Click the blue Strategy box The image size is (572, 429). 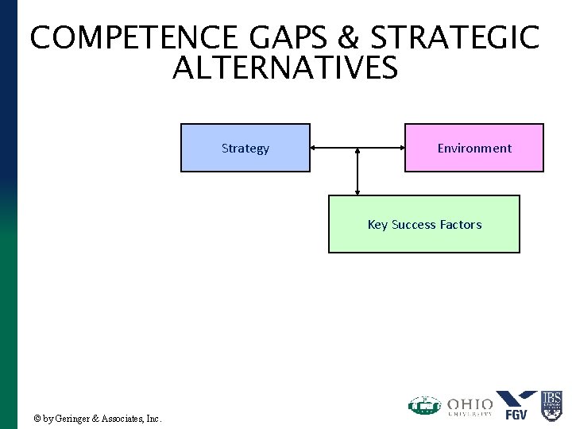click(x=245, y=148)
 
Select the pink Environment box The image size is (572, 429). click(x=474, y=148)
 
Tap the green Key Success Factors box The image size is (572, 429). click(x=424, y=225)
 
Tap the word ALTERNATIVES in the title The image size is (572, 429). click(x=284, y=69)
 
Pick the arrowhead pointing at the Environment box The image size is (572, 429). click(x=401, y=148)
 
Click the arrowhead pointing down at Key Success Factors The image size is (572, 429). click(x=358, y=191)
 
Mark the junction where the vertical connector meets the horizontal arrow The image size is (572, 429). click(x=358, y=149)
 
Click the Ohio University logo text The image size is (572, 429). click(x=470, y=405)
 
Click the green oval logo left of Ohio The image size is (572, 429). click(x=424, y=406)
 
